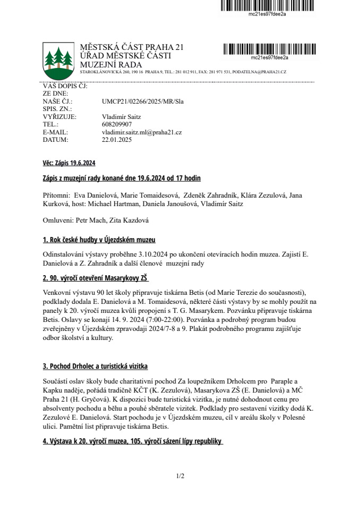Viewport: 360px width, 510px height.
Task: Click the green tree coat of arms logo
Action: tap(58, 59)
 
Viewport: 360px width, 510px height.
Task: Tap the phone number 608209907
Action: tap(117, 124)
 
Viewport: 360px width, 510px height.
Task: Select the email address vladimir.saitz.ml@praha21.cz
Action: tap(142, 132)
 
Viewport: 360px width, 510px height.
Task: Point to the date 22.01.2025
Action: tap(116, 140)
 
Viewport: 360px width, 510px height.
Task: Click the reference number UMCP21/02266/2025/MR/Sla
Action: tap(142, 101)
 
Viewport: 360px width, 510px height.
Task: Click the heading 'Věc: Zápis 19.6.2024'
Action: tap(68, 163)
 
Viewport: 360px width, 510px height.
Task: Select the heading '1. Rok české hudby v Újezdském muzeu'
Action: tap(99, 240)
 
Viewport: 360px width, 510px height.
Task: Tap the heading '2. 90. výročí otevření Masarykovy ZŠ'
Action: tap(96, 278)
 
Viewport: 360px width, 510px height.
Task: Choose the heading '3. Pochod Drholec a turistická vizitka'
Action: tap(95, 367)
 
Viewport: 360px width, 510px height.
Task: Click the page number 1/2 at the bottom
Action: tap(180, 476)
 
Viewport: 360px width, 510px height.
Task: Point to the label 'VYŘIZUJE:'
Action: tap(59, 116)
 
